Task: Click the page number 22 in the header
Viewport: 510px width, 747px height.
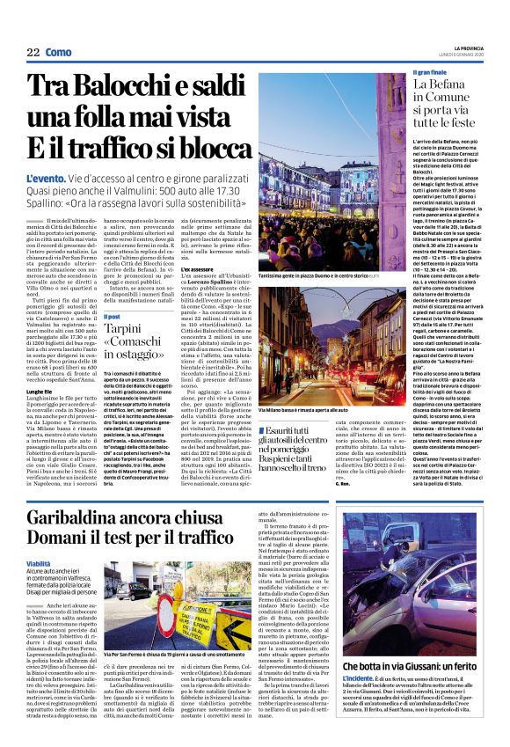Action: click(33, 52)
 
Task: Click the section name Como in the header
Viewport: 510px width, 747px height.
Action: click(59, 52)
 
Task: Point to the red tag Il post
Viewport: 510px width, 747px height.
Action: click(113, 315)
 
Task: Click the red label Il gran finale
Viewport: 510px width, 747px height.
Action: click(433, 70)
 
